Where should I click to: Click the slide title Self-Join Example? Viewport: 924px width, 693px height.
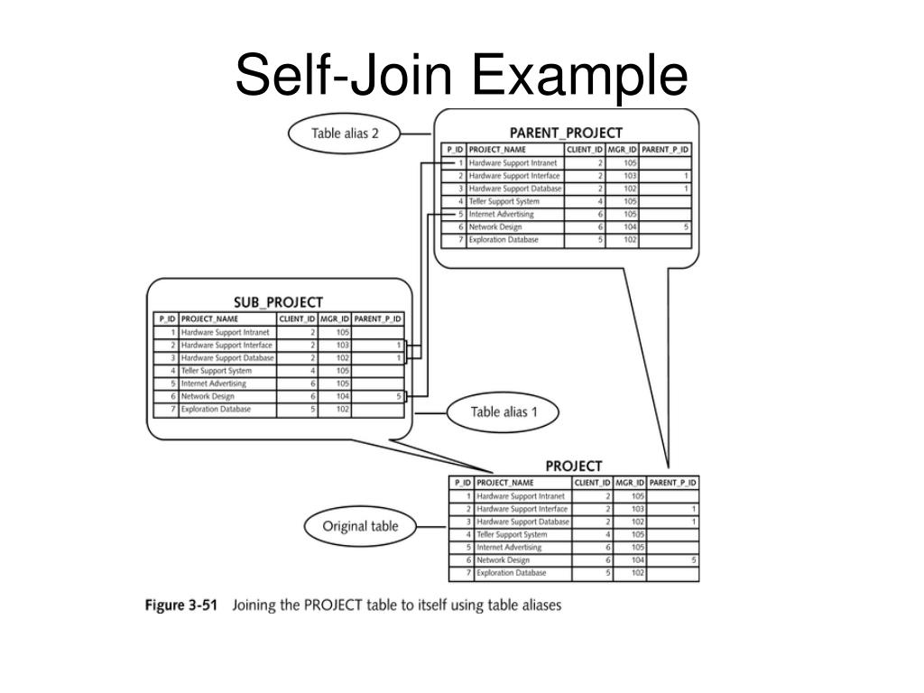point(461,76)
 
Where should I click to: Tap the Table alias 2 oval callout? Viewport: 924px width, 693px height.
point(345,134)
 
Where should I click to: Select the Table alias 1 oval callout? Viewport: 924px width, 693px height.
point(504,412)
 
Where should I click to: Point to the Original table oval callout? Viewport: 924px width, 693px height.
point(360,526)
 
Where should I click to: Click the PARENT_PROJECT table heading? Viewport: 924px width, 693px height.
point(567,134)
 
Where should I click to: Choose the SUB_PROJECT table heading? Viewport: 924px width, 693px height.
point(278,302)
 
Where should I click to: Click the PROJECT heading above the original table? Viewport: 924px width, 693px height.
point(574,467)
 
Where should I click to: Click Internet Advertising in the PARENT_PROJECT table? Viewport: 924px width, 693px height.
point(502,215)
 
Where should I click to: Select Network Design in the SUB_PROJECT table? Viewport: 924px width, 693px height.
point(208,396)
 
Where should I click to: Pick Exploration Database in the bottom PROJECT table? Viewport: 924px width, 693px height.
point(510,573)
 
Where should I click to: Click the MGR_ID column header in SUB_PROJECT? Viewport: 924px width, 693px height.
point(335,319)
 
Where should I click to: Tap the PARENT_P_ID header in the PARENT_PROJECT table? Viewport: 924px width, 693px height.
point(666,149)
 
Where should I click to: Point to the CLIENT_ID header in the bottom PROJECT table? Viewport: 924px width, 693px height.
point(593,483)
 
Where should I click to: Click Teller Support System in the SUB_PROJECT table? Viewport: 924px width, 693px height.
point(217,371)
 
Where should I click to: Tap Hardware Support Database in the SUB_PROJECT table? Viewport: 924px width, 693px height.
point(226,358)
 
